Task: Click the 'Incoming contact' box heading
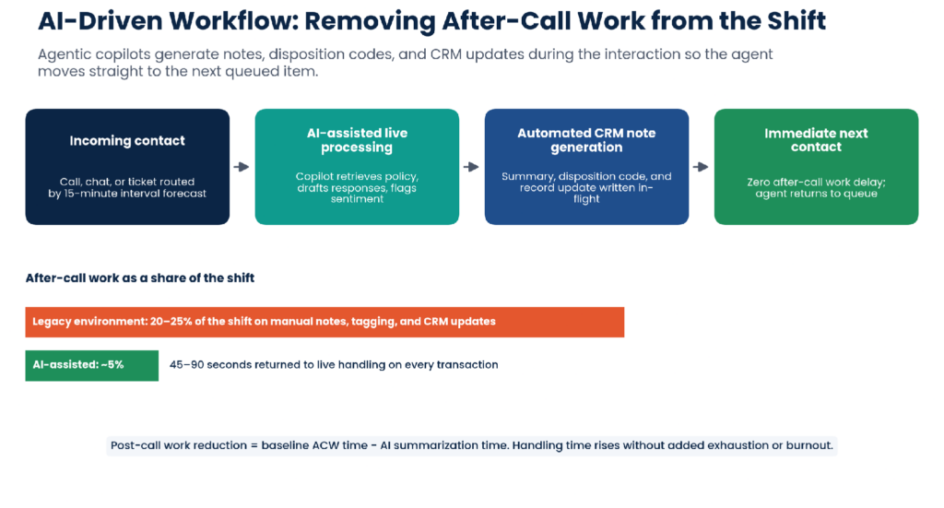[127, 141]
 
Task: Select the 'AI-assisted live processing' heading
[357, 140]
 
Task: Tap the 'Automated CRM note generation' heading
[586, 140]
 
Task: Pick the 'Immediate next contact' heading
[816, 140]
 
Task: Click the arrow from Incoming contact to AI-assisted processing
[242, 167]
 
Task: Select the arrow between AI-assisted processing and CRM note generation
[471, 167]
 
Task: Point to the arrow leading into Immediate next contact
[701, 167]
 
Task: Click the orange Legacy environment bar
[324, 322]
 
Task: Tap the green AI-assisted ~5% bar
[91, 365]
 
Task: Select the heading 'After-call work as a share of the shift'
[140, 278]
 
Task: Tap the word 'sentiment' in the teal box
[357, 198]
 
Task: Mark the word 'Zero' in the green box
[760, 182]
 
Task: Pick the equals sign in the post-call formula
[254, 446]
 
